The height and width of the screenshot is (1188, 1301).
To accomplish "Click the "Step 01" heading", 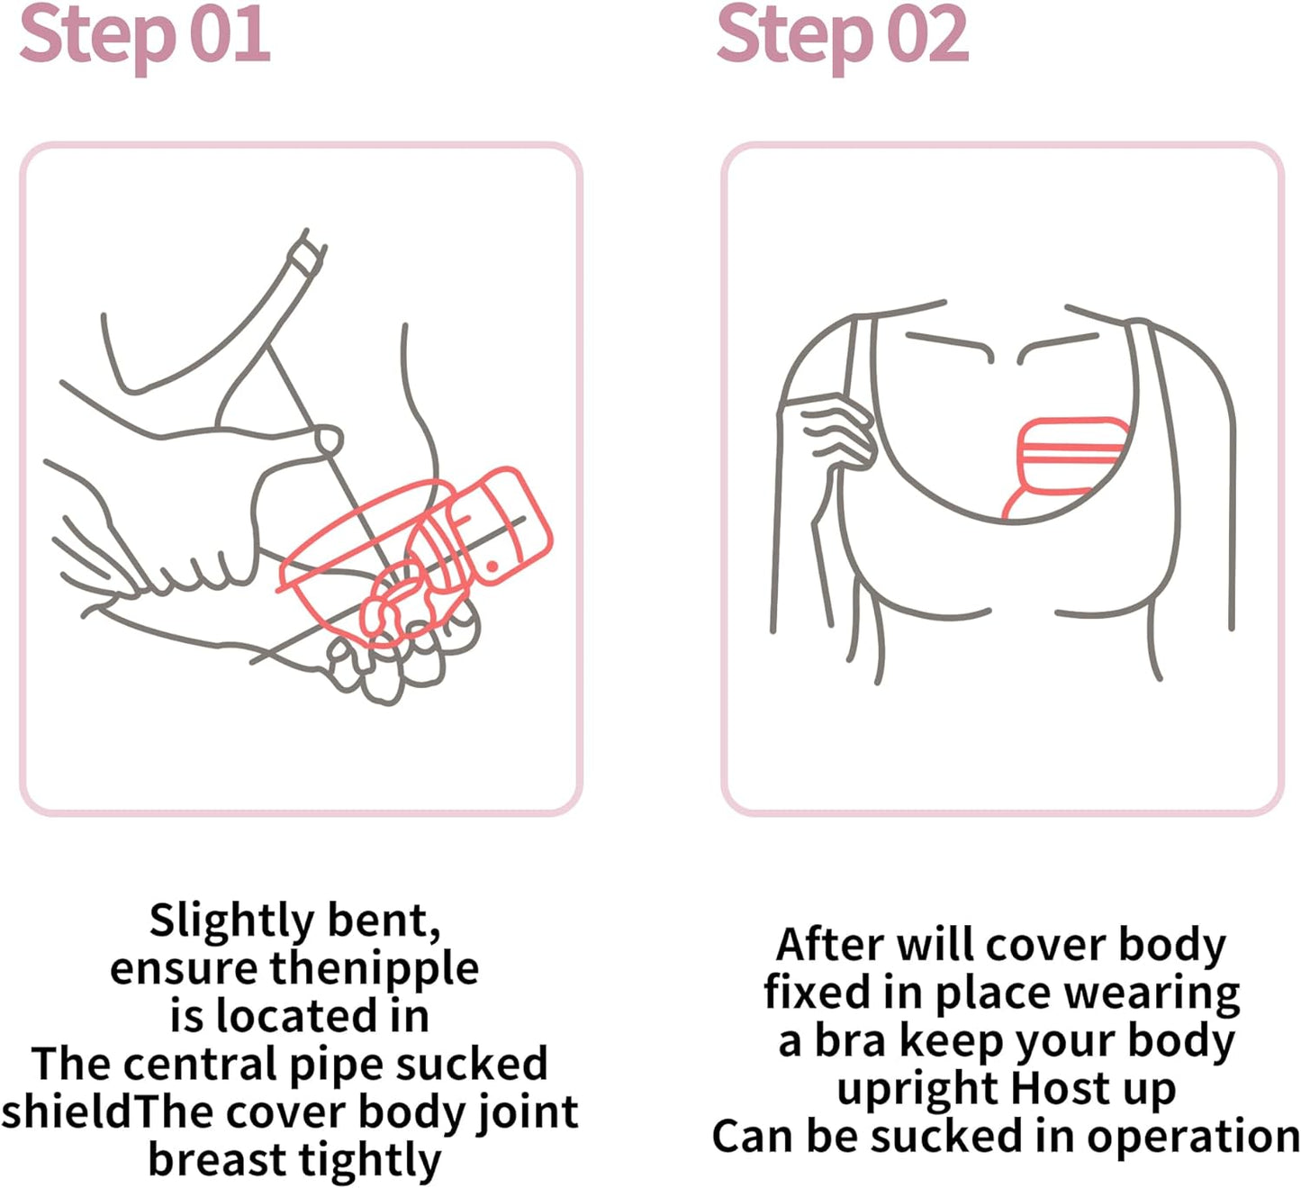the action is (145, 36).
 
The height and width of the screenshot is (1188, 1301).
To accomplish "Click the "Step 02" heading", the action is (843, 36).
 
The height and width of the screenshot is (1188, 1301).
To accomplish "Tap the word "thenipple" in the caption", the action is (375, 969).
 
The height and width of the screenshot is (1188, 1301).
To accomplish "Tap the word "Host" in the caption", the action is (1060, 1088).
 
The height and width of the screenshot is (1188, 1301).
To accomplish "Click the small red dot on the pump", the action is (492, 567).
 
